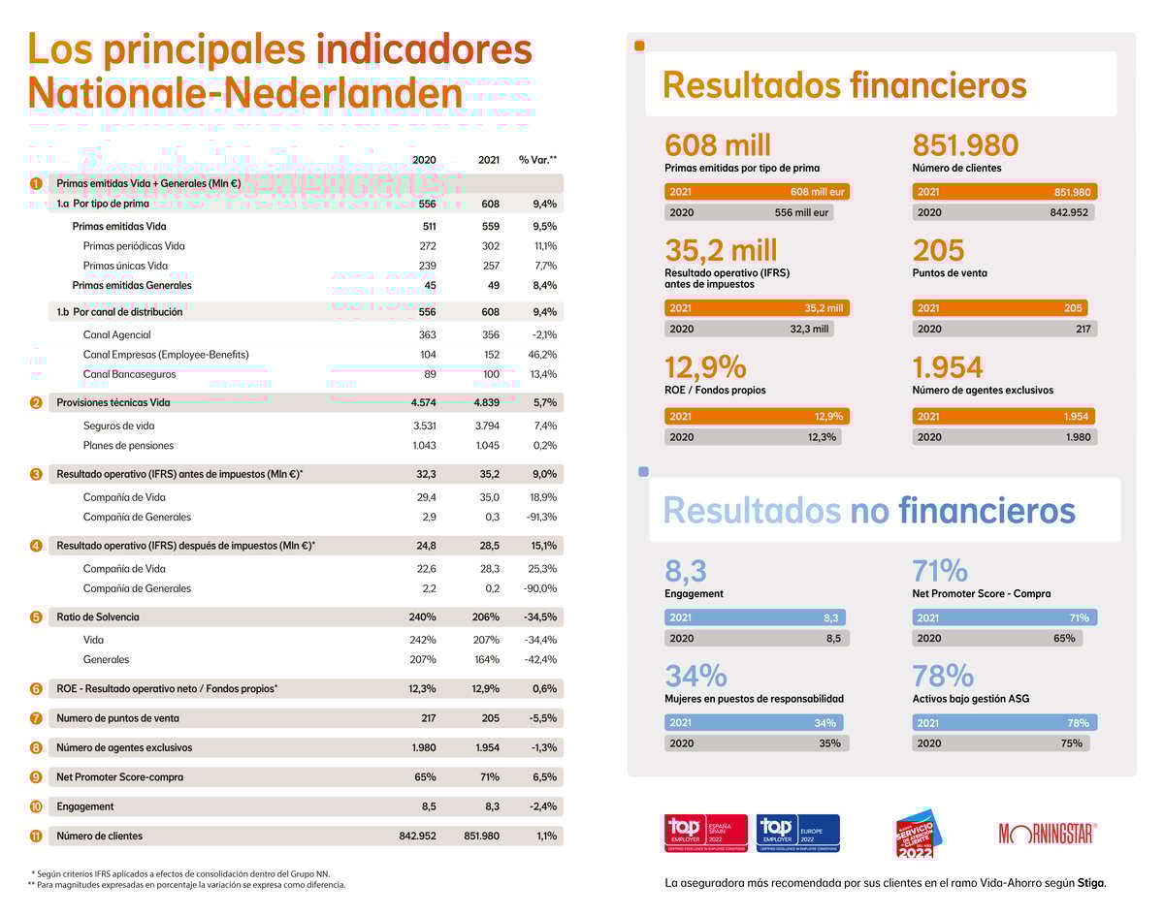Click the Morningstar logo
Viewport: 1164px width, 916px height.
point(1048,833)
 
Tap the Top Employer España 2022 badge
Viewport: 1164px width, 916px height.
point(704,833)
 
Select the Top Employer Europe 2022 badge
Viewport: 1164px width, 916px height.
point(797,833)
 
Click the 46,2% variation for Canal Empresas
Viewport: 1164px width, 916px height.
point(542,355)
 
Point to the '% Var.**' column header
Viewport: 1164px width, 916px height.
point(537,160)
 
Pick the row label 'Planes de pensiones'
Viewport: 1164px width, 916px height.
point(129,446)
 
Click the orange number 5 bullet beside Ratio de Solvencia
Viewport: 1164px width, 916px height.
point(36,617)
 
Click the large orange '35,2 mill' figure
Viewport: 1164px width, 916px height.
point(722,251)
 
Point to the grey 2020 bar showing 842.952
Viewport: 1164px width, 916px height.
point(1003,212)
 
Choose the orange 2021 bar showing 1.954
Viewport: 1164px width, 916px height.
point(1003,416)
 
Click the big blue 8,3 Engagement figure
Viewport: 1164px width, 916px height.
point(686,570)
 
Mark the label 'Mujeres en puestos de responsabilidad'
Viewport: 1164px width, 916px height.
point(754,699)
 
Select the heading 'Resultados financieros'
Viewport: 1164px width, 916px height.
point(844,85)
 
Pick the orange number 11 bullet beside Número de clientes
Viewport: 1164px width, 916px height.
point(36,836)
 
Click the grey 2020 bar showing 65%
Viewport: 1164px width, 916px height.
point(997,638)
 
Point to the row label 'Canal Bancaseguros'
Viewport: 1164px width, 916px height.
point(131,374)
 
